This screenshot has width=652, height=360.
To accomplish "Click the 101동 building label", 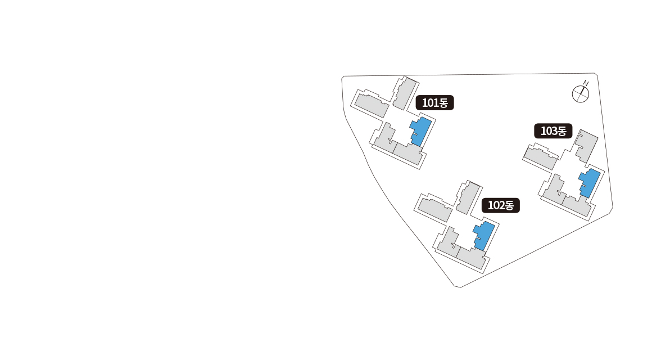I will [434, 103].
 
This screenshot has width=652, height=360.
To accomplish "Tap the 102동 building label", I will [500, 205].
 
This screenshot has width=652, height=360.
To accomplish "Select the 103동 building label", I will [553, 132].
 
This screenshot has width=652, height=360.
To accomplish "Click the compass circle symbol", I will [580, 94].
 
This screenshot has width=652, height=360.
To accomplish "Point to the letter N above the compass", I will [586, 83].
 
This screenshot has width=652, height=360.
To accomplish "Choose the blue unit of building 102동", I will [484, 235].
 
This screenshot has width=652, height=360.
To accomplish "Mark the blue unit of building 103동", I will [589, 182].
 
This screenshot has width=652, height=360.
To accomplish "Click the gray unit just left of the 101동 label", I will [402, 93].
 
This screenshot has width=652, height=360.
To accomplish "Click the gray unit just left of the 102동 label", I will [466, 197].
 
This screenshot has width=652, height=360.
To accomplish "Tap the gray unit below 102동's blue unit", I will [470, 257].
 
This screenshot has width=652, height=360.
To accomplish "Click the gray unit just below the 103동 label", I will [541, 157].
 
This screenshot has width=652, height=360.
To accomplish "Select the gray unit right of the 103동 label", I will [586, 146].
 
